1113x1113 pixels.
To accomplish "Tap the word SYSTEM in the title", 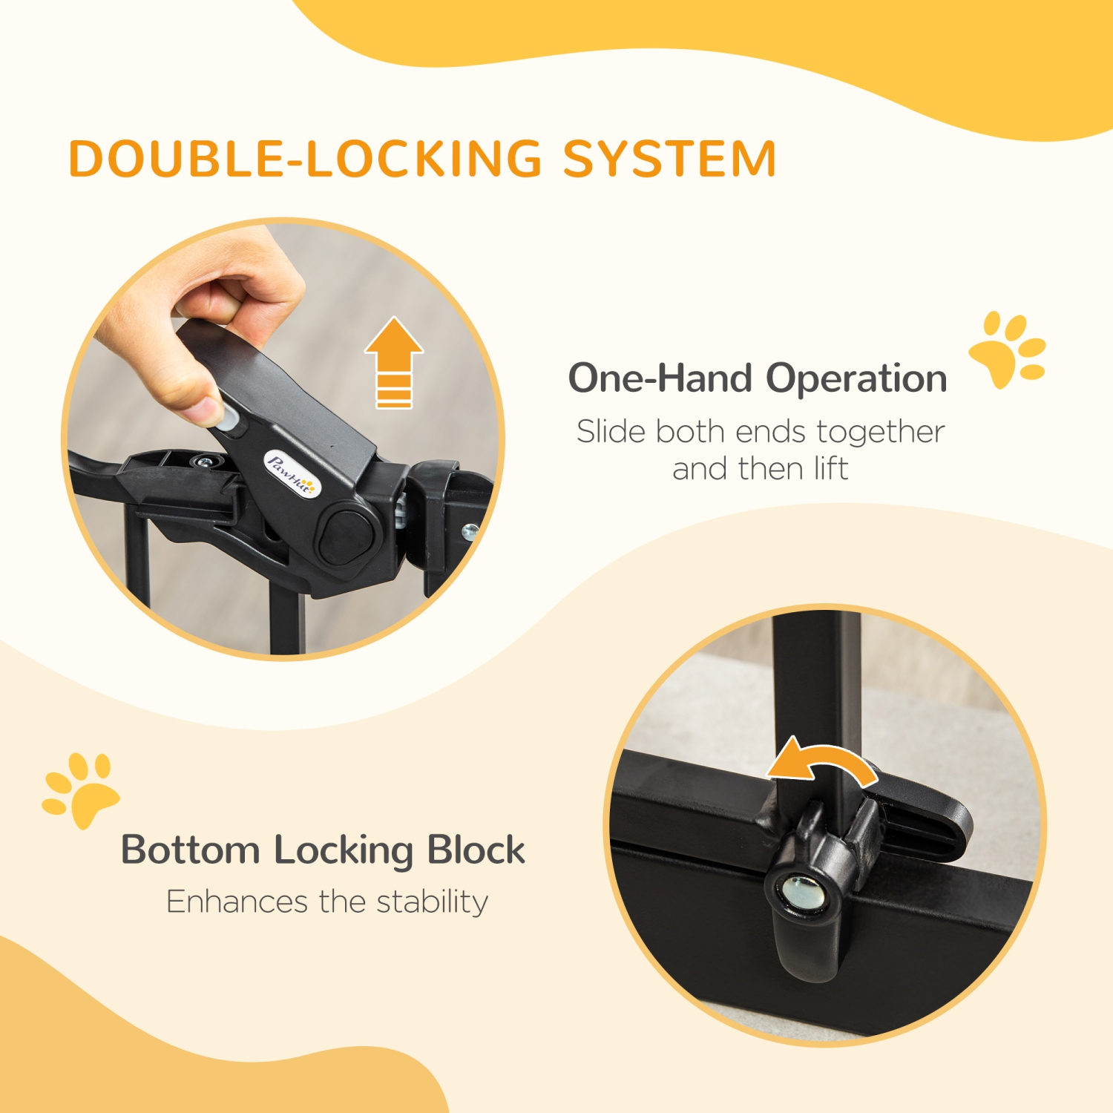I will pyautogui.click(x=669, y=159).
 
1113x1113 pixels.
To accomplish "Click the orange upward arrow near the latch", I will pyautogui.click(x=394, y=361).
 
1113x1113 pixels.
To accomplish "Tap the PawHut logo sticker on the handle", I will pyautogui.click(x=292, y=474).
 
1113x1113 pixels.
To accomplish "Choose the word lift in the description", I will pyautogui.click(x=831, y=469).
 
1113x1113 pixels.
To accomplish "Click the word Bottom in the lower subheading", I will pyautogui.click(x=190, y=850).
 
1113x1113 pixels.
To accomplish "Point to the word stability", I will pyautogui.click(x=432, y=902).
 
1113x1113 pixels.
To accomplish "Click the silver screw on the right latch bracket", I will pyautogui.click(x=470, y=531).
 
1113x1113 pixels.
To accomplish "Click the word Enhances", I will pyautogui.click(x=237, y=902).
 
